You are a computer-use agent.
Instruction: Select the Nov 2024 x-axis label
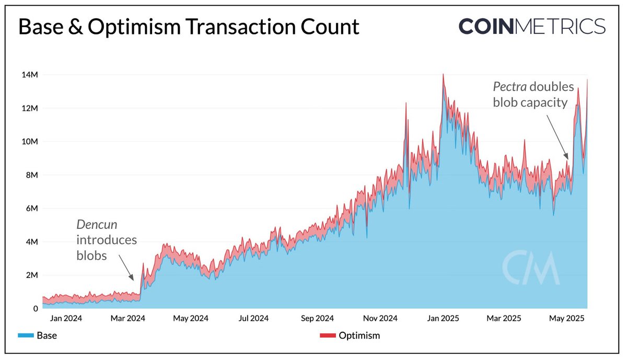coord(380,318)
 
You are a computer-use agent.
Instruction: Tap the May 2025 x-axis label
coord(567,318)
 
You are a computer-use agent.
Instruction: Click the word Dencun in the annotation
coord(97,225)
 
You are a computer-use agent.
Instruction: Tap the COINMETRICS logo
coord(531,26)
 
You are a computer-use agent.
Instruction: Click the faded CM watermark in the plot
coord(530,268)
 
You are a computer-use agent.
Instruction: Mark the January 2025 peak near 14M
coord(443,75)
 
